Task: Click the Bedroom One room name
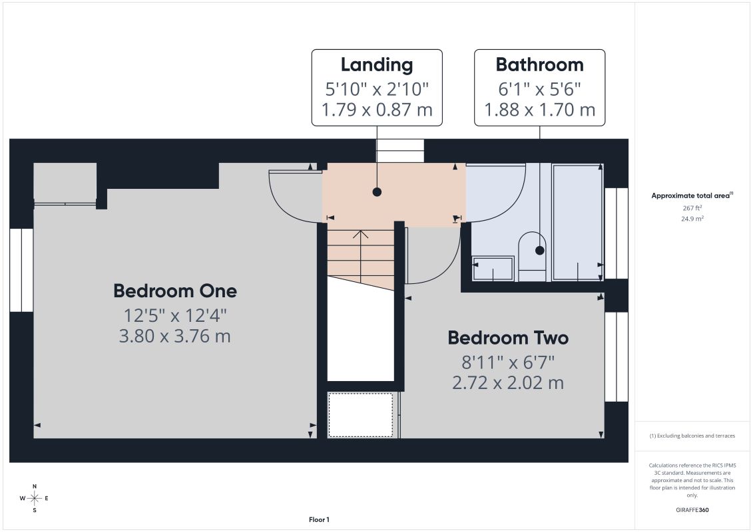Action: [x=175, y=291]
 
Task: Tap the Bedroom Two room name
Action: [x=508, y=338]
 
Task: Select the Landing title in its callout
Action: [x=377, y=65]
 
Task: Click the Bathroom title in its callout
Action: [x=540, y=65]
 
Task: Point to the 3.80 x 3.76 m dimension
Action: [x=175, y=336]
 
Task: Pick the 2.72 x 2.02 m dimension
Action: [x=508, y=383]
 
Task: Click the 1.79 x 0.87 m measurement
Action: [x=377, y=110]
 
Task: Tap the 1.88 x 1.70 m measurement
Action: [x=540, y=110]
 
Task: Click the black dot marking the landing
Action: [x=377, y=192]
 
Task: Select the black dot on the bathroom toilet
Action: [x=540, y=250]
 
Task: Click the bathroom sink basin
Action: [x=493, y=268]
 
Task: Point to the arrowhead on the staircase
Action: [x=361, y=234]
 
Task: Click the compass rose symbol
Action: [x=35, y=498]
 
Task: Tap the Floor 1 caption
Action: [x=319, y=519]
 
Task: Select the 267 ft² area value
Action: [x=692, y=208]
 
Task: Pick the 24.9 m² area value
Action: [x=692, y=218]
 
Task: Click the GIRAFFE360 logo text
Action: [x=692, y=510]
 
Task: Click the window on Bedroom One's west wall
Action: [x=21, y=270]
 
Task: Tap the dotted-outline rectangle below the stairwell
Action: [x=361, y=415]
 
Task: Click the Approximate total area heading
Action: [x=692, y=196]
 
